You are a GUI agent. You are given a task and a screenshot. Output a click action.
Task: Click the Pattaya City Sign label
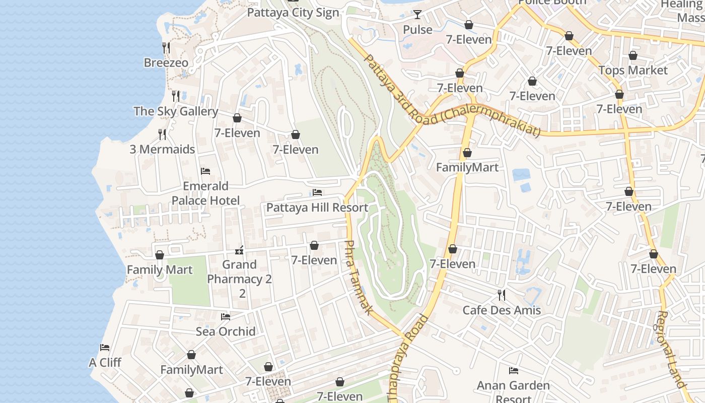293,13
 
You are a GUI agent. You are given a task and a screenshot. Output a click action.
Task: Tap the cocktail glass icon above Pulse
417,15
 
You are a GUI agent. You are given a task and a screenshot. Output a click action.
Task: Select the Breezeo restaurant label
166,63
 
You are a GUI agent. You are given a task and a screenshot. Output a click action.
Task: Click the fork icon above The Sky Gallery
176,96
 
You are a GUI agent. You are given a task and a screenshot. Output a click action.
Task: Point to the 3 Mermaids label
162,150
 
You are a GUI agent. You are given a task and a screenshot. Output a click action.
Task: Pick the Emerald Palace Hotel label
205,193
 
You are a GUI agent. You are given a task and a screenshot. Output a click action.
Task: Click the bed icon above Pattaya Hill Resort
317,192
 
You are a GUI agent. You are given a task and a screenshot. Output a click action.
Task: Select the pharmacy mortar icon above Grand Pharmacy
240,250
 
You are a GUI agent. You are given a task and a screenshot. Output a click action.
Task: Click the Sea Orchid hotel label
226,331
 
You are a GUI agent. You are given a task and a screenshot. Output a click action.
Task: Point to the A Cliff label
105,363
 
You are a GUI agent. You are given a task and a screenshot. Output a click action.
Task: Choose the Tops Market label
633,71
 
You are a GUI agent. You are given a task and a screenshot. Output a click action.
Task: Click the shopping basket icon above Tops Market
633,55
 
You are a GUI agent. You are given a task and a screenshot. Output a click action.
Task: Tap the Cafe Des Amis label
502,310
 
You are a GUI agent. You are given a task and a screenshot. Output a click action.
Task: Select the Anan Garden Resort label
514,392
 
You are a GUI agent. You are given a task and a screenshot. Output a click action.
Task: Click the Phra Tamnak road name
359,278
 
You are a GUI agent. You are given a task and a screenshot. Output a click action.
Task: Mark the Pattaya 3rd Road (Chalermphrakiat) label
451,96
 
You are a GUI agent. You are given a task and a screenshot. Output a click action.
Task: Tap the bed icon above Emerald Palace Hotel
205,171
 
